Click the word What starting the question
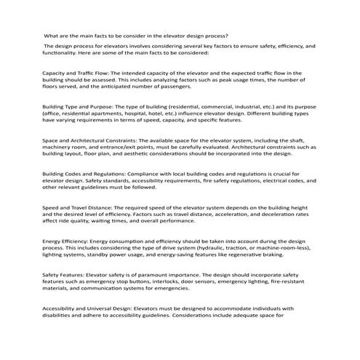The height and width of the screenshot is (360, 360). [x=52, y=36]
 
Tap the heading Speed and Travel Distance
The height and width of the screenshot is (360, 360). [x=79, y=209]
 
